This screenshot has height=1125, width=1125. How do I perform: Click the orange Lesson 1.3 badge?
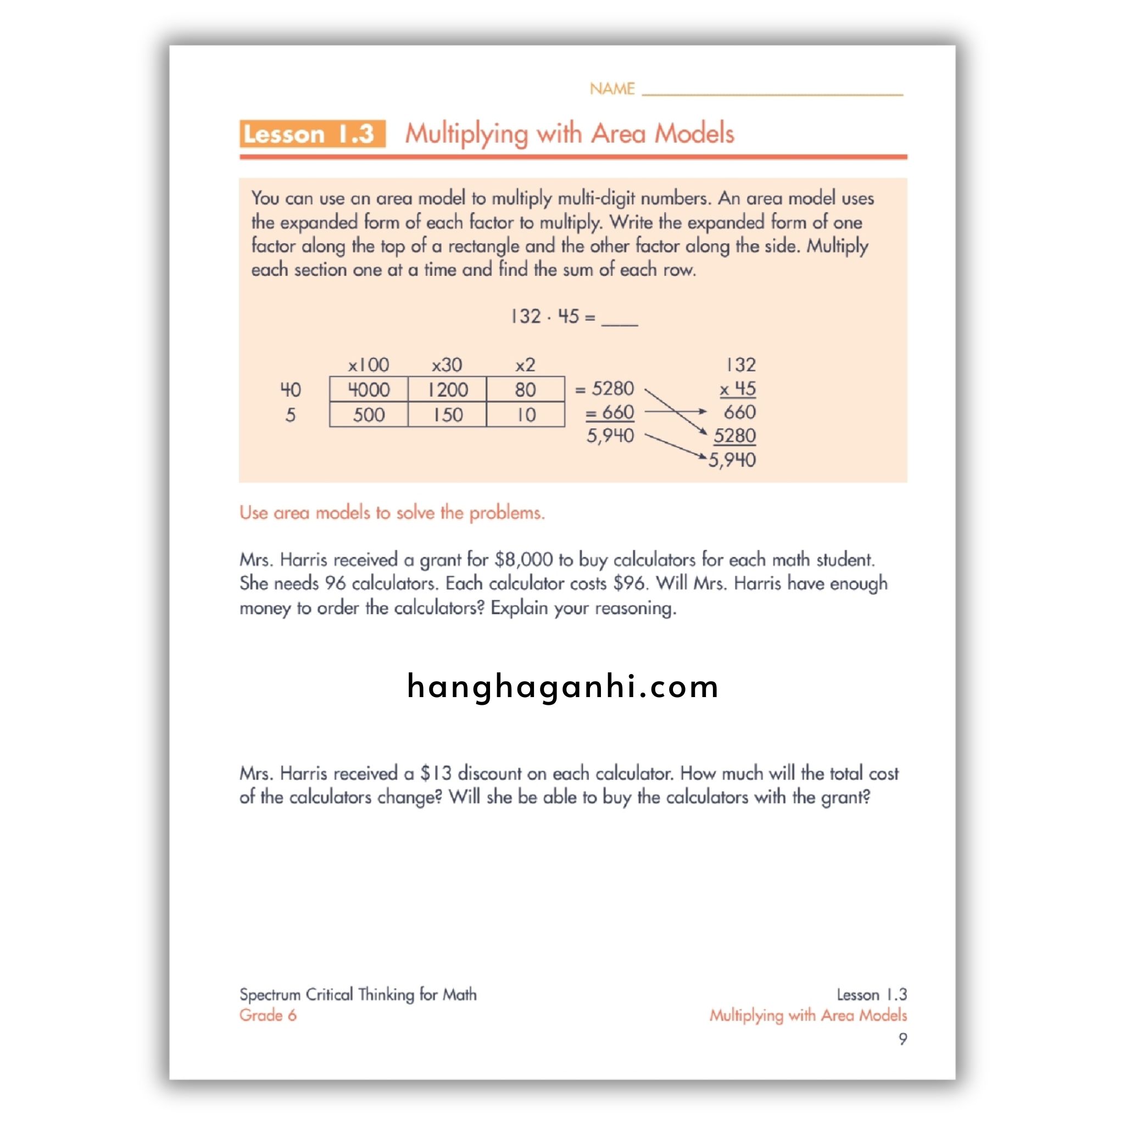312,134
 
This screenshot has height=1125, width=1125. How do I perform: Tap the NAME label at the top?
611,88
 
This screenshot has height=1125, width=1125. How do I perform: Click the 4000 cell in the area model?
369,389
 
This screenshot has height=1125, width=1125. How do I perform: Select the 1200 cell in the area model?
447,389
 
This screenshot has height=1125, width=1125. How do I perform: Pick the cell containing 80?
525,389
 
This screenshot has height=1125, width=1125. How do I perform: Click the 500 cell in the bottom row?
369,415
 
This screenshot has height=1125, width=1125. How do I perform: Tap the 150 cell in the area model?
447,415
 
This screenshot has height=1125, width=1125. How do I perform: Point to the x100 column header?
369,365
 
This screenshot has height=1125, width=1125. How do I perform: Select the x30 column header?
447,365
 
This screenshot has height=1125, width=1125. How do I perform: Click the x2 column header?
525,365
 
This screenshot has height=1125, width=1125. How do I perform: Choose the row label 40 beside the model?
291,389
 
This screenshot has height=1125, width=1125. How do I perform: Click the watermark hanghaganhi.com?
562,686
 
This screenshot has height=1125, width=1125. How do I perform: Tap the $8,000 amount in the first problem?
523,560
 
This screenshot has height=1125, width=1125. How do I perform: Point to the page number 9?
903,1039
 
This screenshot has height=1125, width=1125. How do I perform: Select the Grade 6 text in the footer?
268,1015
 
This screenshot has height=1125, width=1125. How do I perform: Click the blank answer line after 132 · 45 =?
620,322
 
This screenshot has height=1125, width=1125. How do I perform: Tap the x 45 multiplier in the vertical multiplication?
737,388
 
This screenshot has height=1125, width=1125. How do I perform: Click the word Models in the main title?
694,133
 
